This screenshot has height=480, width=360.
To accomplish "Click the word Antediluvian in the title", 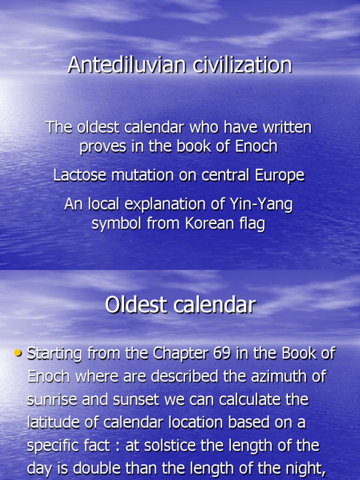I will (x=119, y=65).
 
